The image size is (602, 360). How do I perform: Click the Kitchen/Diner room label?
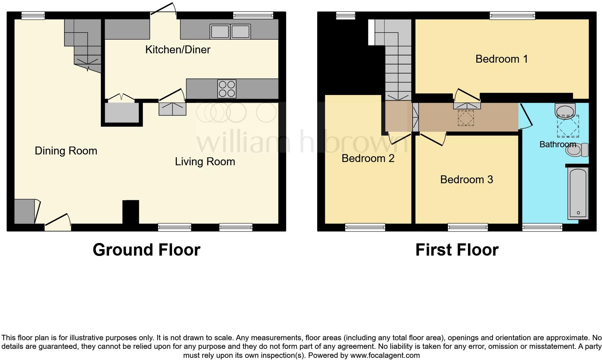[x=178, y=50]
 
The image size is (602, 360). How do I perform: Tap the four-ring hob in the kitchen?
[x=227, y=89]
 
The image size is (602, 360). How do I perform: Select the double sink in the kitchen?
[x=230, y=32]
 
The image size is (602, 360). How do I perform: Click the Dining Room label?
[x=66, y=151]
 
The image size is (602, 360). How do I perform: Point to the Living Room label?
[x=205, y=162]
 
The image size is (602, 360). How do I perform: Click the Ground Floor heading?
[x=146, y=250]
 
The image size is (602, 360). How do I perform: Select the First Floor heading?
[x=457, y=250]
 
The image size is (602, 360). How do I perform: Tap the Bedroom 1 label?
[x=502, y=59]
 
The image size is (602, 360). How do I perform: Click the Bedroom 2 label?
[x=368, y=158]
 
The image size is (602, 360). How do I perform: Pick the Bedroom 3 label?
[x=466, y=179]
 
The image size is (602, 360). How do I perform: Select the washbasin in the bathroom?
[x=565, y=110]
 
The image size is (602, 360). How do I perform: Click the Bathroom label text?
[x=557, y=144]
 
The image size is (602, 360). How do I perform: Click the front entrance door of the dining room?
[x=58, y=222]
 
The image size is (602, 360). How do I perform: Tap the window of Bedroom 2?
[x=365, y=227]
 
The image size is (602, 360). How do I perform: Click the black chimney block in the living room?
[x=131, y=212]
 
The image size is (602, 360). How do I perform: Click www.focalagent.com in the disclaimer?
[x=385, y=356]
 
